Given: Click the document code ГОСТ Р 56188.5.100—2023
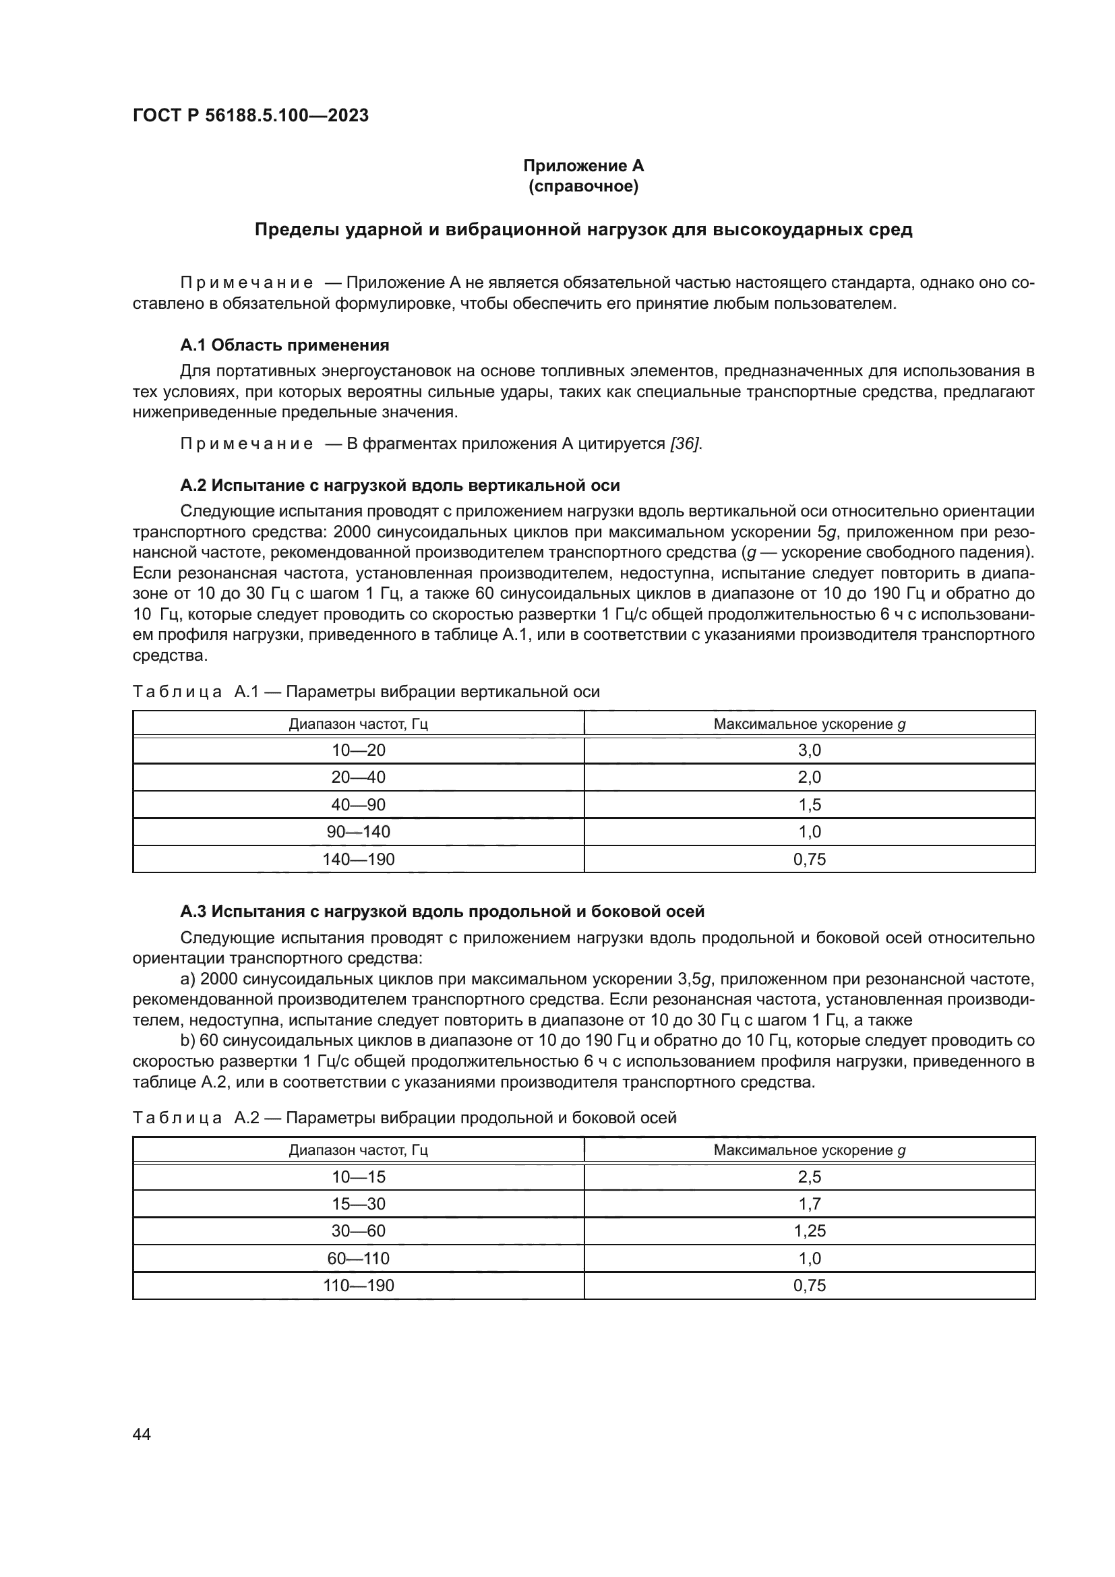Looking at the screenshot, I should (251, 115).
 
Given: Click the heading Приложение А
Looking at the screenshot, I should (583, 166).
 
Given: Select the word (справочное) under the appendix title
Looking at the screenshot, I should (583, 186).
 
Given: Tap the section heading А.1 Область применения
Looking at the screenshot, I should (284, 345).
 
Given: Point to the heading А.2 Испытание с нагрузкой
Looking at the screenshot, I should (400, 485).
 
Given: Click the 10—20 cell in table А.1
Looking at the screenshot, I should (359, 750).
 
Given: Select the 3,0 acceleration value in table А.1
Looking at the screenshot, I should (809, 750).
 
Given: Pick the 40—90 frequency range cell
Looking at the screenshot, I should (359, 804).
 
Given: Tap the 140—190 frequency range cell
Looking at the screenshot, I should (359, 859).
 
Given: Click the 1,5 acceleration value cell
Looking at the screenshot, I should (809, 804).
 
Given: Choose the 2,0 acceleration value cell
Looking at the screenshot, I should (809, 777).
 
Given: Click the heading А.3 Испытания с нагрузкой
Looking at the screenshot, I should (442, 912).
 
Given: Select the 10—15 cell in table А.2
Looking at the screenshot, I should (359, 1177).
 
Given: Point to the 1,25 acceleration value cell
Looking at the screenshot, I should (809, 1231).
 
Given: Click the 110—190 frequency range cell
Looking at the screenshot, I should (359, 1286).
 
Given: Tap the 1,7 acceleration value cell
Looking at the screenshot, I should (809, 1204).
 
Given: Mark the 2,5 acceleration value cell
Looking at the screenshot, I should (809, 1177).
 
